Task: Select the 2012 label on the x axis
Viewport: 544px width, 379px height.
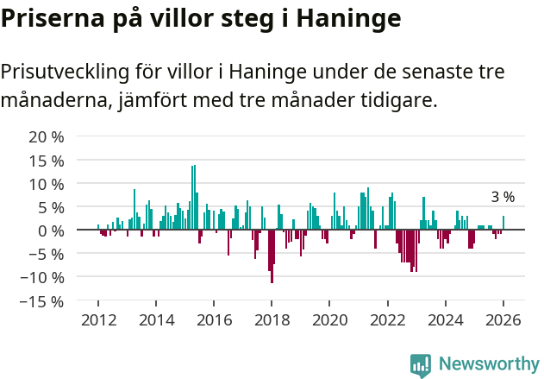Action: tap(98, 320)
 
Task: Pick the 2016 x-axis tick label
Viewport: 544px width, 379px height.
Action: tap(214, 320)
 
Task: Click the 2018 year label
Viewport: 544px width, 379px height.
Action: tap(272, 320)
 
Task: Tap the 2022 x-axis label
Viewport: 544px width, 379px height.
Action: tap(387, 320)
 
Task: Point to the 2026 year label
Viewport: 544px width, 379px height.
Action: tap(503, 320)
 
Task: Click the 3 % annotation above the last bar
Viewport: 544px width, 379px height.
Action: tap(503, 197)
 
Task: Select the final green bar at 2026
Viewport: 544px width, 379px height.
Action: tap(503, 223)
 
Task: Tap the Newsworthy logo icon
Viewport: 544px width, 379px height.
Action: tap(421, 364)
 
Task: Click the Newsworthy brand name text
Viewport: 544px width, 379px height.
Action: tap(488, 364)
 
